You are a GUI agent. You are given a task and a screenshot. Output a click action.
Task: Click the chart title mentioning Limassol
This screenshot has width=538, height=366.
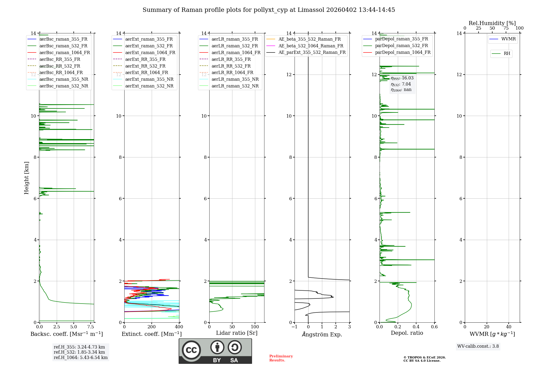269,10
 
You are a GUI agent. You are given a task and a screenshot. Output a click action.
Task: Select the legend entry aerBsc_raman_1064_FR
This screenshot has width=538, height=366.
65,52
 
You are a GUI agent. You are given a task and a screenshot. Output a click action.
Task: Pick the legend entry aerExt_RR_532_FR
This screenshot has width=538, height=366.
145,66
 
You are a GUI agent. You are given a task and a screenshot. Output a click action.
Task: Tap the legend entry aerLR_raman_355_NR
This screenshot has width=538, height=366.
235,79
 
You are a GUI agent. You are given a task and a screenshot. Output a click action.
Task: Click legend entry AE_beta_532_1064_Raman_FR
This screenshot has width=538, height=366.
311,46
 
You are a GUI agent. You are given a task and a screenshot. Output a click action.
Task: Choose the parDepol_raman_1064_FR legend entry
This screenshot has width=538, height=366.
403,52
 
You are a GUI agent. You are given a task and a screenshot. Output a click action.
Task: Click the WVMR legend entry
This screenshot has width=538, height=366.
508,39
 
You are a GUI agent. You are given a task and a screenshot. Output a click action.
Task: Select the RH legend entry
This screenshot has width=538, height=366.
507,54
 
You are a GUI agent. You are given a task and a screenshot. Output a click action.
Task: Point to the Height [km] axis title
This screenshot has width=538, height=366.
26,178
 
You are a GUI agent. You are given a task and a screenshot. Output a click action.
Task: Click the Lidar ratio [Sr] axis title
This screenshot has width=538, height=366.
237,333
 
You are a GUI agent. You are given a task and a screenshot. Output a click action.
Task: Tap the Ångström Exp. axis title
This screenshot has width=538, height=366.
322,334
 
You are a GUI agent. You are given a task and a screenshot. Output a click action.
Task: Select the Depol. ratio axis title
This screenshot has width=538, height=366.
407,333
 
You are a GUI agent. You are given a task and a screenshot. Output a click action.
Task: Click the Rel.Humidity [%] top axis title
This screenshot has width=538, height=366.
492,23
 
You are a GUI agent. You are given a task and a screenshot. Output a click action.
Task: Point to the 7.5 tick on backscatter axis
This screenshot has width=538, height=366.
91,327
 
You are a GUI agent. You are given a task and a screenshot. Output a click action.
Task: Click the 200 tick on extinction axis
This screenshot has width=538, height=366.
152,327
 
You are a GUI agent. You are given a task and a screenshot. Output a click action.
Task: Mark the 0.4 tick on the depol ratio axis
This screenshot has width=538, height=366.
416,327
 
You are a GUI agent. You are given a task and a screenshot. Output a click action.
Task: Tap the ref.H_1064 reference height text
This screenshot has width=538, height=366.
80,358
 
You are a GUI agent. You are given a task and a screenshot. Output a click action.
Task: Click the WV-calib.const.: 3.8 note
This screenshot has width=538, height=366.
478,346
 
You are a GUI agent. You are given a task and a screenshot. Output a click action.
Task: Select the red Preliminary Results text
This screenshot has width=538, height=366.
281,358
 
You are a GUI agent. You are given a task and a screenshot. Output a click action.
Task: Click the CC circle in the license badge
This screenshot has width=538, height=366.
191,350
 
